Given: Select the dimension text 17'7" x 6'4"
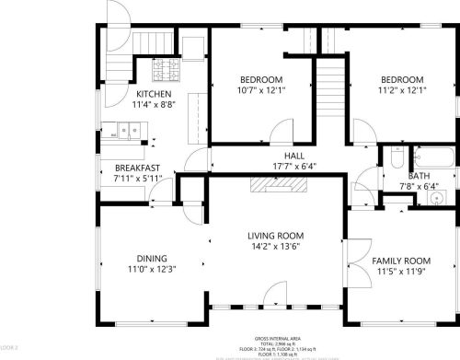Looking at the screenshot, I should point(294,167).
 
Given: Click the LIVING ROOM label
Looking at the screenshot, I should point(276,236).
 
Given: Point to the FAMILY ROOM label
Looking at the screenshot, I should point(401,261).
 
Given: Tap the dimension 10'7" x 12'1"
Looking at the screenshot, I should point(262,89).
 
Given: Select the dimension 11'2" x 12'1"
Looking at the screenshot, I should point(402,89).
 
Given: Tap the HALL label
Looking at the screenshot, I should point(294,157).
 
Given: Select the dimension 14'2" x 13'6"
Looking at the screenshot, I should point(276,247).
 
